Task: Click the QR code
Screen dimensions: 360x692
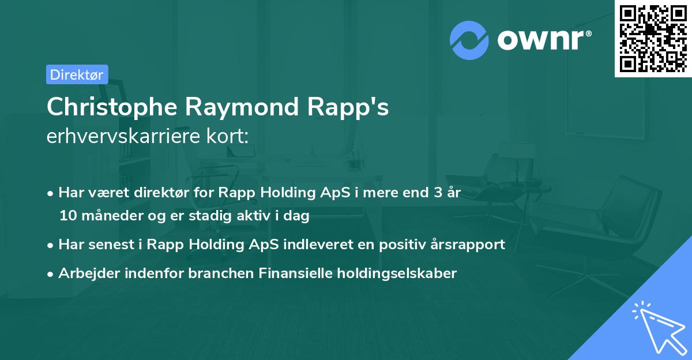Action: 653,38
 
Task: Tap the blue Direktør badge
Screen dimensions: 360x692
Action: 77,74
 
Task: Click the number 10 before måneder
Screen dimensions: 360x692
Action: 66,216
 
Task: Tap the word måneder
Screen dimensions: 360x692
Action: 104,216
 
